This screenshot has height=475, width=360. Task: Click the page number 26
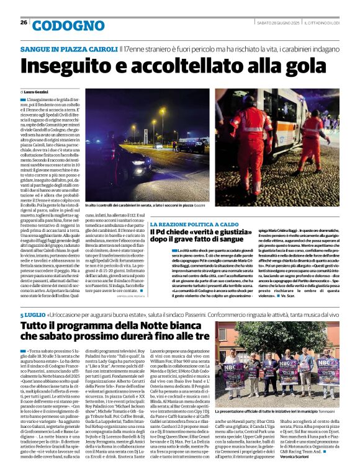(24, 23)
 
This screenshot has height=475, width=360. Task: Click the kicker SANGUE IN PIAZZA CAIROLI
(68, 48)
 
